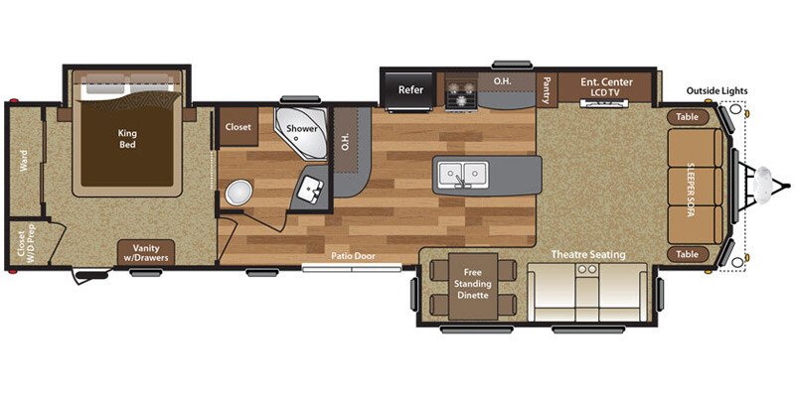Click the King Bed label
pos(127,138)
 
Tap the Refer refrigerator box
pos(410,89)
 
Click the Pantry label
pos(547,89)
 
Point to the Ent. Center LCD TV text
pos(606,88)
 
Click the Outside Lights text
pos(716,91)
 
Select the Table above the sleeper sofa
pos(687,116)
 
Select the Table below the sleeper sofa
pos(687,254)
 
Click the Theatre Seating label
pos(588,255)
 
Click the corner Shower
pos(301,135)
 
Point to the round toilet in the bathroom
pos(238,193)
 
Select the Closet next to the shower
pos(238,127)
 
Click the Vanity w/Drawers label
pos(145,252)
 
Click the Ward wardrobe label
pos(23,160)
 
